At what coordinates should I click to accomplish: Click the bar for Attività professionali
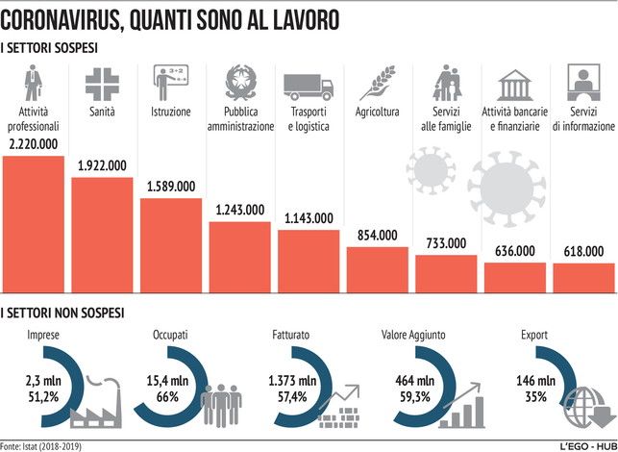(x=34, y=223)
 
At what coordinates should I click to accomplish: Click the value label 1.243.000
(x=240, y=209)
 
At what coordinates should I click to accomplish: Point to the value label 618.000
(x=582, y=250)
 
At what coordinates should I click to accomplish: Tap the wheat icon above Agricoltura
(x=376, y=84)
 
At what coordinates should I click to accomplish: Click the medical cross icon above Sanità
(x=101, y=84)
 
